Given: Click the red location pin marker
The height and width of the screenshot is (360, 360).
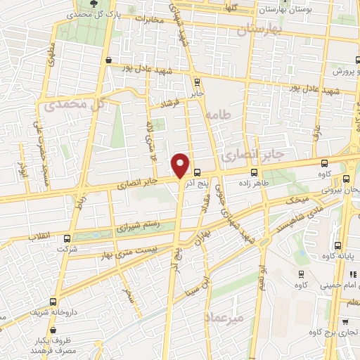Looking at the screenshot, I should (x=181, y=165).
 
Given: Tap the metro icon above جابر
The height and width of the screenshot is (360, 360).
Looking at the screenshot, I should (x=196, y=81).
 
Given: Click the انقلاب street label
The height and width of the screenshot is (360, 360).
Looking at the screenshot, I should (x=41, y=238).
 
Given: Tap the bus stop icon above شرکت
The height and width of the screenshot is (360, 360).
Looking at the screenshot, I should (x=67, y=238).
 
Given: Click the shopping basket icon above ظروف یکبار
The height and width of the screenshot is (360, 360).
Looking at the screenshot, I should (x=53, y=328).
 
